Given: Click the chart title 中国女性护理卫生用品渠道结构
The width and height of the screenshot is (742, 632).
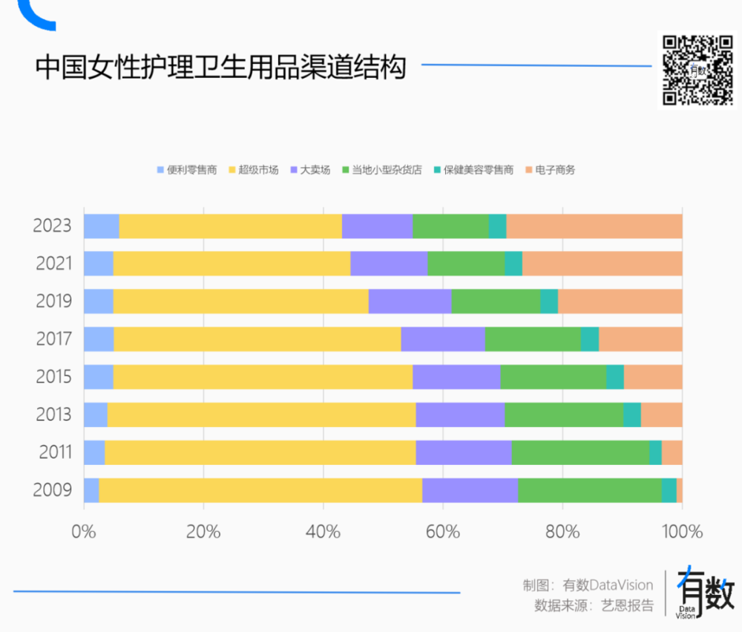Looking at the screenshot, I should tap(221, 68).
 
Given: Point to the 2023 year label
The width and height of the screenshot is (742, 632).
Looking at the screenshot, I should tap(52, 226).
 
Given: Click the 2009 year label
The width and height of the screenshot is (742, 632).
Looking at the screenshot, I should tap(52, 490).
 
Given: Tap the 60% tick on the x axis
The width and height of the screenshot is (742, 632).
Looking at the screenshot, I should tap(443, 532).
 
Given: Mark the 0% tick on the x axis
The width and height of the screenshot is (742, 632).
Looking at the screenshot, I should tap(84, 532).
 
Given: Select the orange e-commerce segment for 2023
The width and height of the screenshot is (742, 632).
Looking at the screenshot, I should tap(594, 226).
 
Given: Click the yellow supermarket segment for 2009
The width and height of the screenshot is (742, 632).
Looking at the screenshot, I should tap(260, 490).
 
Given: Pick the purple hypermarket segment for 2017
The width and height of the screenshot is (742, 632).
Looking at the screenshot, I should tap(443, 339).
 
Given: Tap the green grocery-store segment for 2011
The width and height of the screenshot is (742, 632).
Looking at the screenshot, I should tap(580, 452).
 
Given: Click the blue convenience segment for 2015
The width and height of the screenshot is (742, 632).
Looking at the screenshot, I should tap(98, 377).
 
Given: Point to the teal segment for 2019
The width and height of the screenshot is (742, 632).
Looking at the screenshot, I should tap(549, 302).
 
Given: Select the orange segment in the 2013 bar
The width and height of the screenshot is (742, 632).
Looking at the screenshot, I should tap(661, 414).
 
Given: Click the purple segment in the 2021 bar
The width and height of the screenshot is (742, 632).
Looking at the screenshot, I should tap(389, 264).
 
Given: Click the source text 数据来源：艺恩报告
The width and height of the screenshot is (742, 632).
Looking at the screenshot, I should tap(594, 605).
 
